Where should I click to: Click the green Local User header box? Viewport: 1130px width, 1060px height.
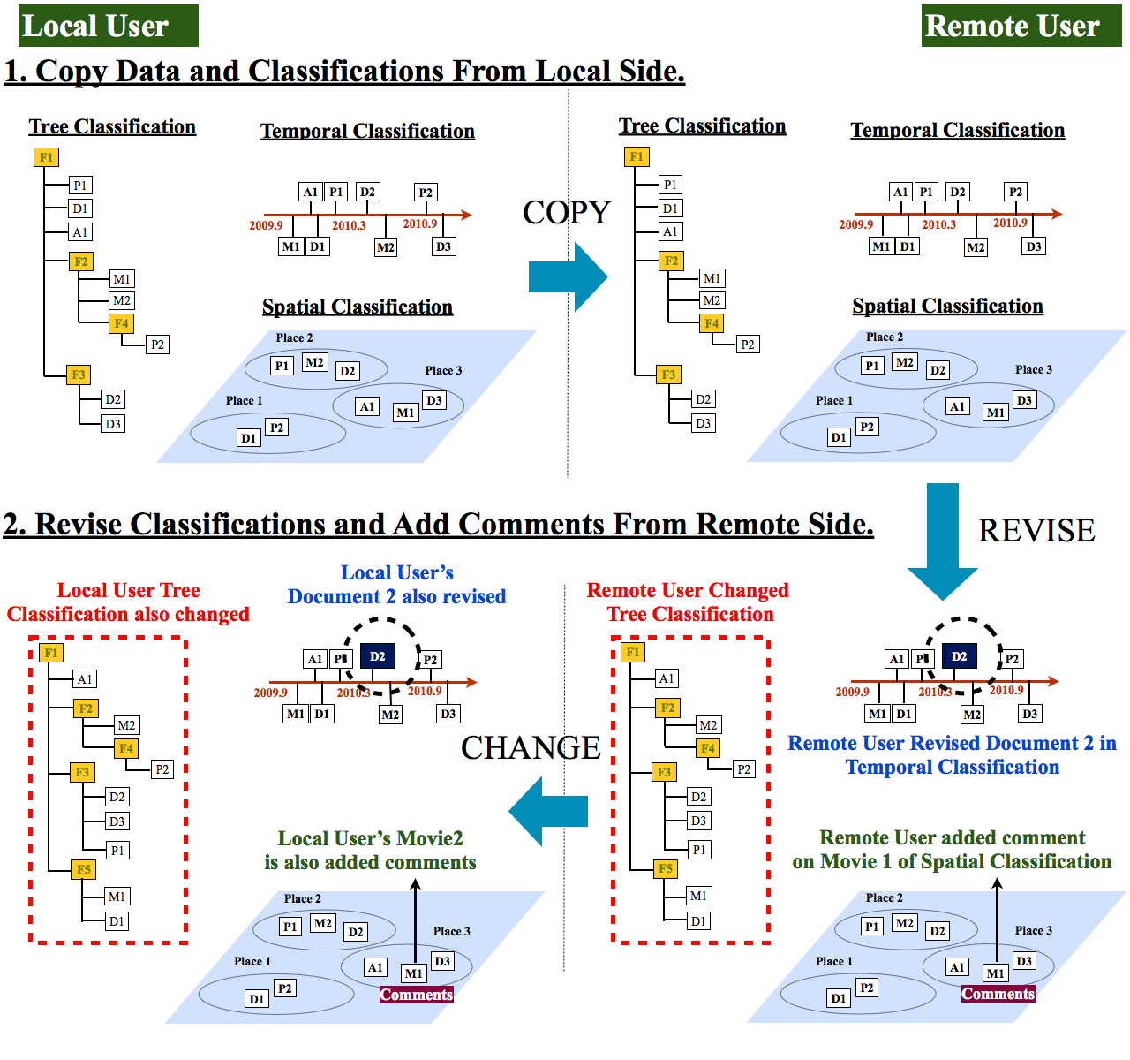pos(108,26)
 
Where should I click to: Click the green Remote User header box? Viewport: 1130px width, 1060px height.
pos(1021,26)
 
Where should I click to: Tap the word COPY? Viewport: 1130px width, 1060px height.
pos(567,212)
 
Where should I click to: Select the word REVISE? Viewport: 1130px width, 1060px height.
pos(1036,530)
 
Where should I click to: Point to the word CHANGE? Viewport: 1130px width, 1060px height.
pos(531,747)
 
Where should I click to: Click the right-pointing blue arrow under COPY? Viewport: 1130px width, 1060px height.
pos(568,276)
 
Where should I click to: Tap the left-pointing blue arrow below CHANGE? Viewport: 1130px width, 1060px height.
pos(547,811)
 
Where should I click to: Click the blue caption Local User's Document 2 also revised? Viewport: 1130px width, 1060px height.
pos(396,585)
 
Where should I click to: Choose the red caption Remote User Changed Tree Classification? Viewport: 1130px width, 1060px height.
pos(688,602)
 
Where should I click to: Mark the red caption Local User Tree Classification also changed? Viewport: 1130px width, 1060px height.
pos(128,602)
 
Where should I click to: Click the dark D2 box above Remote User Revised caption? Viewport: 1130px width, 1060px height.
pos(959,656)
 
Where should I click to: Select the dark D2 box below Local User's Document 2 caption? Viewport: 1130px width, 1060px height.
pos(377,656)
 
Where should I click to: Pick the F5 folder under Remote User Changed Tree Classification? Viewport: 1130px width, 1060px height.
pos(666,868)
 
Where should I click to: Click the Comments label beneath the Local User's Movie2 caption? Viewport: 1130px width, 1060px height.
pos(417,995)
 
